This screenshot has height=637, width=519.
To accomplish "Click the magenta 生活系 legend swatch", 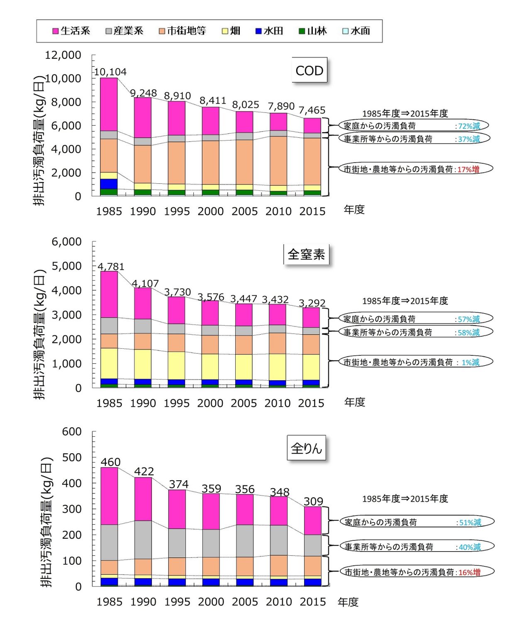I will (x=56, y=31).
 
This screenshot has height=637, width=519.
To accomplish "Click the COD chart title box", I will (x=309, y=71).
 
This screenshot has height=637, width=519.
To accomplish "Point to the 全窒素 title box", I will (x=306, y=254).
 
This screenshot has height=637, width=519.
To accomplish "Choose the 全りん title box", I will (x=306, y=448).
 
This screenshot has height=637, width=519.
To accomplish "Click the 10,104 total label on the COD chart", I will (x=110, y=72).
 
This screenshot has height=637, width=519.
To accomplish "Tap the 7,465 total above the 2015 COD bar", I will (x=312, y=110).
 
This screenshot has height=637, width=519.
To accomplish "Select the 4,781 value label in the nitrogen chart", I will (x=111, y=266).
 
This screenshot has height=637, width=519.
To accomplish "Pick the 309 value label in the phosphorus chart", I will (x=313, y=501).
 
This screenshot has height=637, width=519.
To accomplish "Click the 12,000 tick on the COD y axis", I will (x=63, y=55).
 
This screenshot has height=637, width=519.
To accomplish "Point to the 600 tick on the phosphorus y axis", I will (x=72, y=432).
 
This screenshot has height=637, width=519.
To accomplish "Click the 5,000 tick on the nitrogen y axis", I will (x=66, y=266).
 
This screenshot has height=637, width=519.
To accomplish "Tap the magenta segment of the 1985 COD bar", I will (x=109, y=104).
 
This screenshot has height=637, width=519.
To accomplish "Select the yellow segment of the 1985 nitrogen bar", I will (x=109, y=363).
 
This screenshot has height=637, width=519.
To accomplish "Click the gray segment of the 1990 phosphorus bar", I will (x=143, y=540).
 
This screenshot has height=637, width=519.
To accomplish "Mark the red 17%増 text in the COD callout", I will (x=468, y=169).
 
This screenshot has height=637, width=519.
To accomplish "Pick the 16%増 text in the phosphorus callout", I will (x=469, y=572).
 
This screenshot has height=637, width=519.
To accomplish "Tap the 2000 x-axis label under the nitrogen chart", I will (x=210, y=403).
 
